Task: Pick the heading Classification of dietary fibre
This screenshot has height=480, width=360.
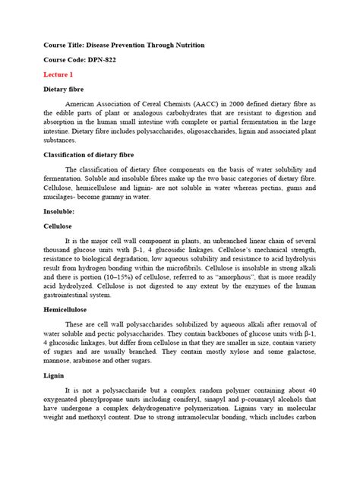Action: point(93,154)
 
